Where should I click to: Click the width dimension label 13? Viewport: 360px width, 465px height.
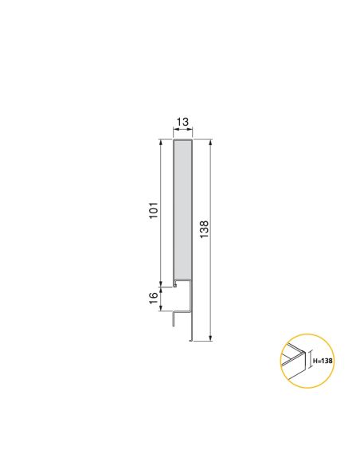coord(182,122)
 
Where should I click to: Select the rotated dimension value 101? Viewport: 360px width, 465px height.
coord(155,211)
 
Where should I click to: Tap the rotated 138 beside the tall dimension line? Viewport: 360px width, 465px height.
coord(204,229)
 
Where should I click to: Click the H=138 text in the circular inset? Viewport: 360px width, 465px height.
coord(323,361)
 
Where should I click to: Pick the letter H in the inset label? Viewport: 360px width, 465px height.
coord(315,361)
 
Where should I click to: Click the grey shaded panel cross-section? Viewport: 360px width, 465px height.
coord(182,211)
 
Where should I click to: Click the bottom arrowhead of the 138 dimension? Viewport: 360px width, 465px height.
coord(210,338)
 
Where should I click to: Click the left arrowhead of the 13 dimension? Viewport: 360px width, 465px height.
coord(174,134)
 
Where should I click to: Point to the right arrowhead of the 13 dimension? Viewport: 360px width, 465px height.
coord(190,134)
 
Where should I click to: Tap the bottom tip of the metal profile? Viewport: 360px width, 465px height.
coord(191,340)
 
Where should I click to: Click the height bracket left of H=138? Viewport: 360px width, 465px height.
coord(309,361)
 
